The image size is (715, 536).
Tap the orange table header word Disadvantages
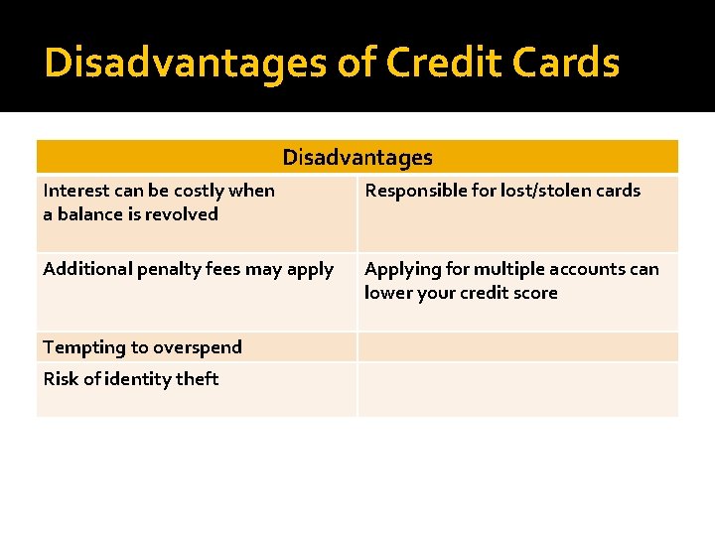point(357,157)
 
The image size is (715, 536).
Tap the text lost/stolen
point(552,191)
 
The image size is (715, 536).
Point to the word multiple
point(505,269)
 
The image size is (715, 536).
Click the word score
point(534,293)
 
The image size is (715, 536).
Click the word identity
point(137,379)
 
